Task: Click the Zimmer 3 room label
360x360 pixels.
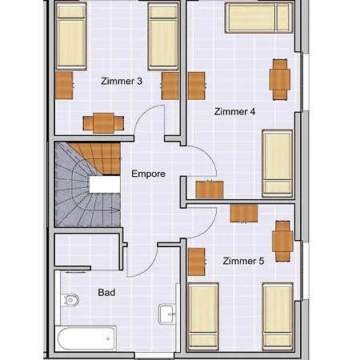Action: coord(122,81)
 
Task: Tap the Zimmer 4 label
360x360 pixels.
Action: coord(234,111)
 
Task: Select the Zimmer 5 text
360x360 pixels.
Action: coord(243,261)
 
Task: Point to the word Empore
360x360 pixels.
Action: coord(149,174)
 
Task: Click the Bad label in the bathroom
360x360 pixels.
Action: coord(106,293)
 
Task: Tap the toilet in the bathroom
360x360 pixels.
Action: coord(70,300)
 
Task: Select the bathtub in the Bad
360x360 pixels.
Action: coord(86,338)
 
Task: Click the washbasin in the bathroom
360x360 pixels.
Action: coord(167,314)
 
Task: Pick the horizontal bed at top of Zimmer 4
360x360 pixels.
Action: coord(258,18)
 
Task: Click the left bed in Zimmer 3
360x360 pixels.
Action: coord(71,36)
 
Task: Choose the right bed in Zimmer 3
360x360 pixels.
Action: coord(163,37)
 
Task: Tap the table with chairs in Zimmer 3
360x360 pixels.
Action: coord(103,123)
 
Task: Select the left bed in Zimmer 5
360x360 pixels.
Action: coord(203,317)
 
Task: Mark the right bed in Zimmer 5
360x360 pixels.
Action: coord(278,317)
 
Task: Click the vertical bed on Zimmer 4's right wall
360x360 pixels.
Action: coord(278,163)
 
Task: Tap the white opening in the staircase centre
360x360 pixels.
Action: coord(105,184)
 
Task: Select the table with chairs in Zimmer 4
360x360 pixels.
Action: coord(280,79)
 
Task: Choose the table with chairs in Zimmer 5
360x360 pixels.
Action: coord(282,241)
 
